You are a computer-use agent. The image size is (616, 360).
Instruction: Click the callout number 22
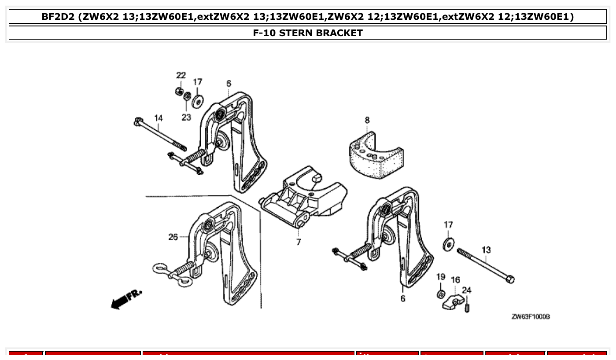click(x=181, y=75)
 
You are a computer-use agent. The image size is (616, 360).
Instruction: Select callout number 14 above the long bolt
click(x=158, y=118)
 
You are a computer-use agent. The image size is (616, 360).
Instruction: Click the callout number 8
click(x=367, y=120)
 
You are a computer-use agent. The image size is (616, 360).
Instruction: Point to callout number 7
click(x=299, y=242)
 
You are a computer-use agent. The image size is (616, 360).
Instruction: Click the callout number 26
click(x=173, y=237)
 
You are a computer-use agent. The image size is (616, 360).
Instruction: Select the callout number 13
click(x=486, y=250)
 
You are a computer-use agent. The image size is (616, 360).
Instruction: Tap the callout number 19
click(x=441, y=277)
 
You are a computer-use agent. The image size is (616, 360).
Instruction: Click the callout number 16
click(x=455, y=280)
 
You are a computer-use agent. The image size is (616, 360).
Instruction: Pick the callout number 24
click(x=467, y=290)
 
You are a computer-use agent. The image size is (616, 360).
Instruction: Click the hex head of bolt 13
click(x=510, y=279)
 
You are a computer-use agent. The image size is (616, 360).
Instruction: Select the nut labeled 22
click(x=179, y=91)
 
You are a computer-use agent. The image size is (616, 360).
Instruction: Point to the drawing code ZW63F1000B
click(x=531, y=317)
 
